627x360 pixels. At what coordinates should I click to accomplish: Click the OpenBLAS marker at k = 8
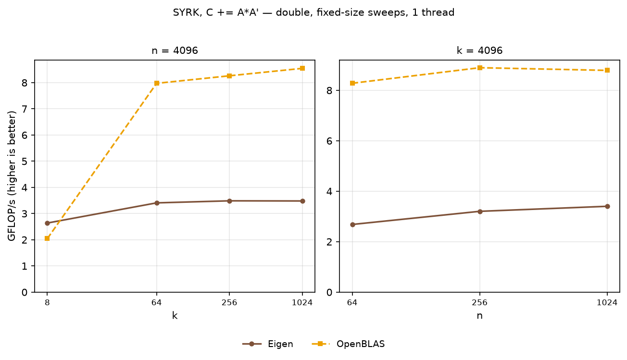pyautogui.click(x=47, y=238)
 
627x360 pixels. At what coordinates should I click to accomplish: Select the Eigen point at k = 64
pyautogui.click(x=157, y=203)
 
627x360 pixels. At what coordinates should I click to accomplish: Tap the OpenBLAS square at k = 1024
pyautogui.click(x=302, y=68)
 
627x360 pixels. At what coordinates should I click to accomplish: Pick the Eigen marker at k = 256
pyautogui.click(x=229, y=201)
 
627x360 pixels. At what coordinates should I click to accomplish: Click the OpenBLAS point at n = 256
pyautogui.click(x=480, y=68)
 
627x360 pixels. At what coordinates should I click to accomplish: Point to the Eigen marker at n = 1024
pyautogui.click(x=607, y=206)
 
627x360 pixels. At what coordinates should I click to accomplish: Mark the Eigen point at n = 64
pyautogui.click(x=352, y=224)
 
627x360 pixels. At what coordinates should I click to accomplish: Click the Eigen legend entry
pyautogui.click(x=268, y=344)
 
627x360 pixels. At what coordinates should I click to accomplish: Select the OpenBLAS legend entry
pyautogui.click(x=348, y=344)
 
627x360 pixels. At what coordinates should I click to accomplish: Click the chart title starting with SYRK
pyautogui.click(x=313, y=12)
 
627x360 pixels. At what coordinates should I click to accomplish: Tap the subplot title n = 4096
pyautogui.click(x=175, y=50)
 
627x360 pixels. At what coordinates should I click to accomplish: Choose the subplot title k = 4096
pyautogui.click(x=479, y=50)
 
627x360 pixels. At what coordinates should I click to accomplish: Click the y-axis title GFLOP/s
pyautogui.click(x=12, y=176)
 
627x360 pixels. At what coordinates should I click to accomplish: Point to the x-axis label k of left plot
pyautogui.click(x=175, y=315)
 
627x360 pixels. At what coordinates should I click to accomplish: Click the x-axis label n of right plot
pyautogui.click(x=479, y=316)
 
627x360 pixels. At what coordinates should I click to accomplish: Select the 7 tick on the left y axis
pyautogui.click(x=25, y=109)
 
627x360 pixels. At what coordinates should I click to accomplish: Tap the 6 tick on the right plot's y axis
pyautogui.click(x=329, y=141)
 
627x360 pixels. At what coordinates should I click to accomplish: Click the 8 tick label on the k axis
pyautogui.click(x=47, y=303)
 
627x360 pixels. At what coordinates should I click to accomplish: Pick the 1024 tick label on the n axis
pyautogui.click(x=607, y=303)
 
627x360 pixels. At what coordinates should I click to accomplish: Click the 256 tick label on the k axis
pyautogui.click(x=229, y=303)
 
